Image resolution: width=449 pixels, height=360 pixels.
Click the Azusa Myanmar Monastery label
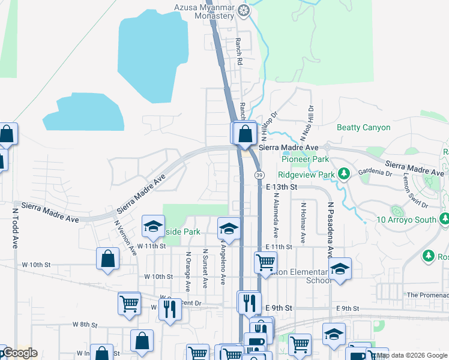[203, 12]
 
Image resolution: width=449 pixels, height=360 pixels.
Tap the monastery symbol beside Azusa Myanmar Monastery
[244, 10]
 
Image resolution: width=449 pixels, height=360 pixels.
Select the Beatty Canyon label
[364, 127]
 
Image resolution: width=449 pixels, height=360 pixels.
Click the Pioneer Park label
[306, 160]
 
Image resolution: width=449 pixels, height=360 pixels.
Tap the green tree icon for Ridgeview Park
[343, 174]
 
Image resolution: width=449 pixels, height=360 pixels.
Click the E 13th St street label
[282, 187]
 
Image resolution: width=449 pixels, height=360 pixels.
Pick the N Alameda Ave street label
[276, 213]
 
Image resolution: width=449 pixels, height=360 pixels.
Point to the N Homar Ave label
[303, 223]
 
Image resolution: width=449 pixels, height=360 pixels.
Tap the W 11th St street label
[150, 247]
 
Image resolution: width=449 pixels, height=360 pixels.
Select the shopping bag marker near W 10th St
[107, 259]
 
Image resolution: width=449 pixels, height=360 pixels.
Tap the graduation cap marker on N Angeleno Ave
[228, 229]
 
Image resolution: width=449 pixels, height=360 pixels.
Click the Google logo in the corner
[19, 353]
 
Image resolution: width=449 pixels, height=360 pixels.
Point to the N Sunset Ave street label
[205, 268]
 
